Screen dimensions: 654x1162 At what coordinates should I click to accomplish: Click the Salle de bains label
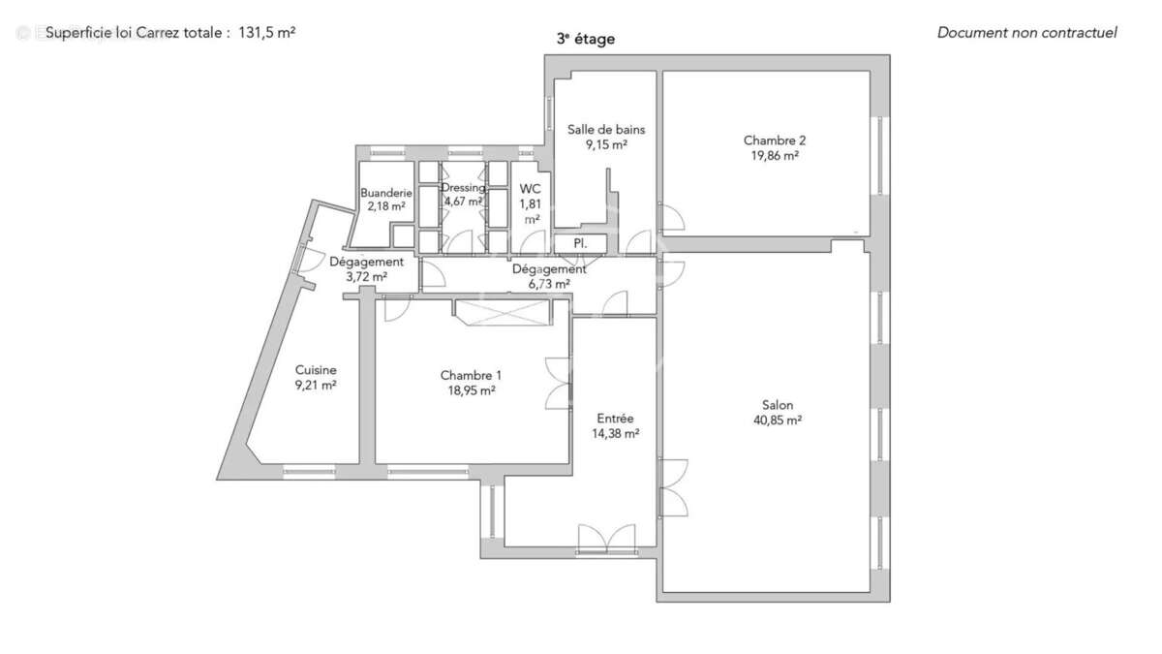click(x=606, y=130)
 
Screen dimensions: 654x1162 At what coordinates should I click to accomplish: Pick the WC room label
click(x=531, y=189)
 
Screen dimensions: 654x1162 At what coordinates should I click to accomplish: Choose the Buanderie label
click(x=386, y=193)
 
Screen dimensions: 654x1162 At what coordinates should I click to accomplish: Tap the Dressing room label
click(x=463, y=187)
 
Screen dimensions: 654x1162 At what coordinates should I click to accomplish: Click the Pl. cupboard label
click(x=580, y=242)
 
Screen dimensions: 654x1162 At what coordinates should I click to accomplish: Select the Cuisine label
click(x=316, y=369)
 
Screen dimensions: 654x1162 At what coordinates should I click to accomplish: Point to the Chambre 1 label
click(x=471, y=375)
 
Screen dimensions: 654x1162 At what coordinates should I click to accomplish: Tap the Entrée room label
click(x=615, y=419)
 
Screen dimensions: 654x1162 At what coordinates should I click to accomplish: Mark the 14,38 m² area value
click(x=615, y=434)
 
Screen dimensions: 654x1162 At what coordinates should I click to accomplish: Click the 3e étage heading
click(x=585, y=40)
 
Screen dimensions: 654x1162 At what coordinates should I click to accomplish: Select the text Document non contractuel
click(x=1026, y=33)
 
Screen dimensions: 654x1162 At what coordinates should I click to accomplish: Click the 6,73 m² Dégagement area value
click(x=548, y=284)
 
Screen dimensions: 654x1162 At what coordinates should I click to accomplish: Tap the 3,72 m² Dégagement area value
click(x=366, y=276)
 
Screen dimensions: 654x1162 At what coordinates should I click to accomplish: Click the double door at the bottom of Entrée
click(x=606, y=539)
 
